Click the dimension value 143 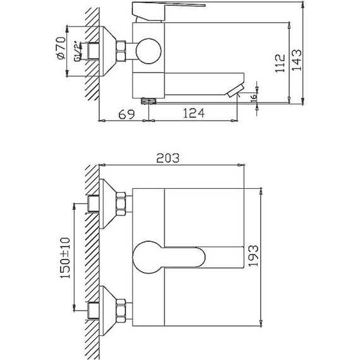[x=297, y=60]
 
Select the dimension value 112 [x=280, y=64]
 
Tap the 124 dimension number [x=193, y=113]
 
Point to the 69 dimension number [x=126, y=114]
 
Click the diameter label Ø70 [x=61, y=48]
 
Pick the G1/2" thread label [x=78, y=51]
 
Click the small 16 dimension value [x=253, y=97]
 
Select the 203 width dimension [x=167, y=158]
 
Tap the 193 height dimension [x=253, y=256]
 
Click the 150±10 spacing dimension [x=65, y=258]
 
